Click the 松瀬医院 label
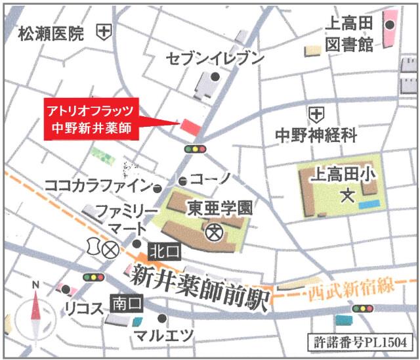point(51,33)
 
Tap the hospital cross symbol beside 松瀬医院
point(103,31)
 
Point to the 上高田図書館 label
point(349,34)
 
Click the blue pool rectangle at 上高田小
point(368,206)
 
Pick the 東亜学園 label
point(220,208)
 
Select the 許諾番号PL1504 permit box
point(360,342)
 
